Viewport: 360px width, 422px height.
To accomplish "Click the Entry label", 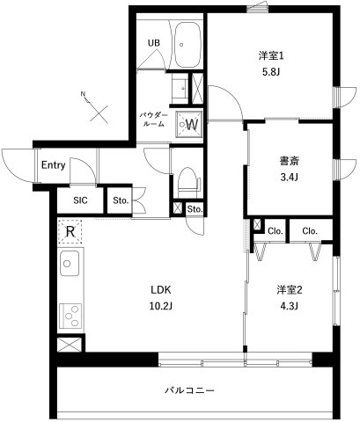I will pos(53,165).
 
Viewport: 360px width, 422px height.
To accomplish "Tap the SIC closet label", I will pos(80,200).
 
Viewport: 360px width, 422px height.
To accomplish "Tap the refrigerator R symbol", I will pos(69,232).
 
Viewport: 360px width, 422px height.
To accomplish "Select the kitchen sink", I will pos(70,262).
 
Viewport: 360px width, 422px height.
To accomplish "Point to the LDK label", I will pos(159,290).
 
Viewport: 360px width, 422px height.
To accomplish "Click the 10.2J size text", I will pos(159,306).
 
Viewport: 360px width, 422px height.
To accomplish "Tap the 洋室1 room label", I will pos(270,56).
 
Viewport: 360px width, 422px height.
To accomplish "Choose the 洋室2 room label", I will pos(288,290).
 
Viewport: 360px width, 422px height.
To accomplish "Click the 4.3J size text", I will pos(288,306).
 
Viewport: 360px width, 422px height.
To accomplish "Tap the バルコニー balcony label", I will pos(190,389).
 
